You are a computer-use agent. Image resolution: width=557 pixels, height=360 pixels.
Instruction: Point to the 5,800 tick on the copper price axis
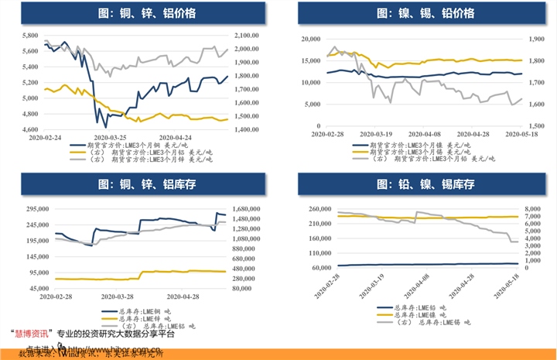[29, 36]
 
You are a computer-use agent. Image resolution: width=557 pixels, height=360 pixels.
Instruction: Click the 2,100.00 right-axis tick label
[248, 36]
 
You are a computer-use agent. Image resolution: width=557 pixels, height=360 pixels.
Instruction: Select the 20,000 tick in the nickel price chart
[310, 39]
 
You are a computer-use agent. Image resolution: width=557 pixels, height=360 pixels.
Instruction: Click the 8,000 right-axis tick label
[535, 209]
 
